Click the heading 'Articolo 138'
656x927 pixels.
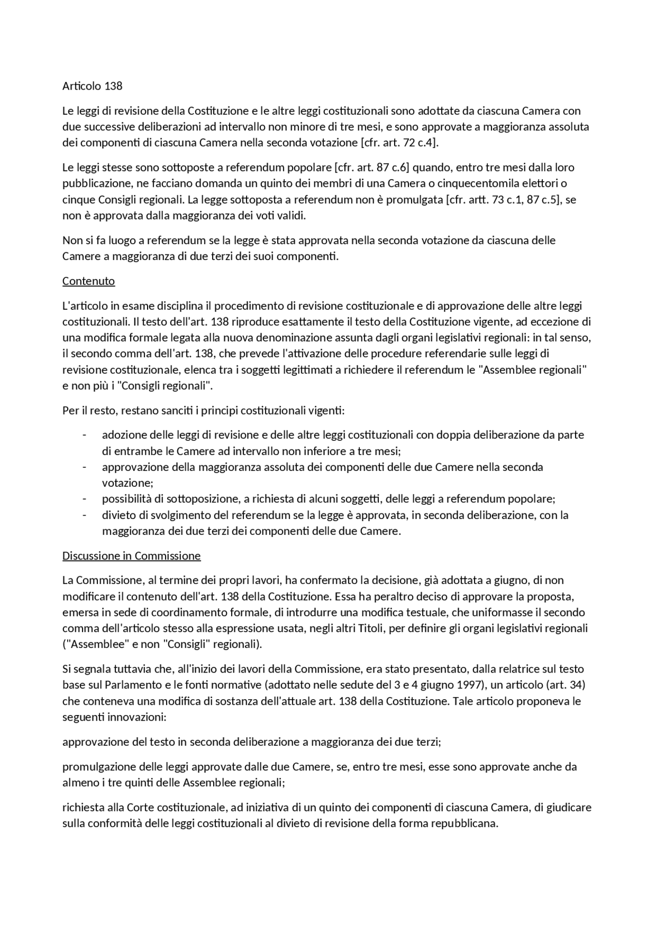pyautogui.click(x=92, y=86)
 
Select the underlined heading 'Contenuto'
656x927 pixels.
pyautogui.click(x=88, y=281)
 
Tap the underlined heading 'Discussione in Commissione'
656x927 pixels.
pyautogui.click(x=131, y=556)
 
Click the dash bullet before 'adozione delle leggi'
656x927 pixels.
pyautogui.click(x=84, y=435)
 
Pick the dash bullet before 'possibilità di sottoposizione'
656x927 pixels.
pyautogui.click(x=84, y=499)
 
